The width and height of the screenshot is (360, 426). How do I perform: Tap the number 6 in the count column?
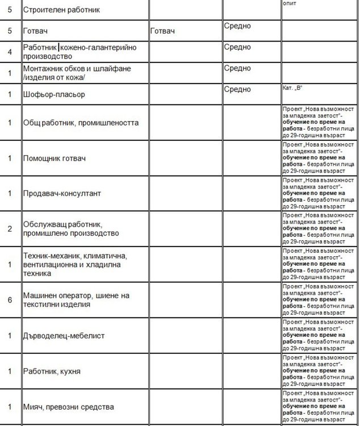(x=10, y=299)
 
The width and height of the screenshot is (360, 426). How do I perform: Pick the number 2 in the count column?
(x=10, y=228)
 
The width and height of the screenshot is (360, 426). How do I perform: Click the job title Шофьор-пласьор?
(x=55, y=94)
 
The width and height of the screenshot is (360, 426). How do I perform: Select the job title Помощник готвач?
(x=55, y=157)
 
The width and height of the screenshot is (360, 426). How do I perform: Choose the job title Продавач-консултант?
(x=62, y=193)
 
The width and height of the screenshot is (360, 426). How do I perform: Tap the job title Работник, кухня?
(x=52, y=371)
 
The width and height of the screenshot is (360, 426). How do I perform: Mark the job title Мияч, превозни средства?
(x=69, y=407)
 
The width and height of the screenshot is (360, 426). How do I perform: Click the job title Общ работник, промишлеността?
(x=81, y=122)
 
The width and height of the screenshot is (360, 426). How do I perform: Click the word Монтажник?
(x=44, y=68)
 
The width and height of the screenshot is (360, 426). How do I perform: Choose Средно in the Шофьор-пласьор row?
(x=237, y=89)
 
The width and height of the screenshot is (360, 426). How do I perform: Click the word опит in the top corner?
(x=290, y=3)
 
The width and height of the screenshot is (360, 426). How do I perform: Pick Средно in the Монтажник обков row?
(x=237, y=68)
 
